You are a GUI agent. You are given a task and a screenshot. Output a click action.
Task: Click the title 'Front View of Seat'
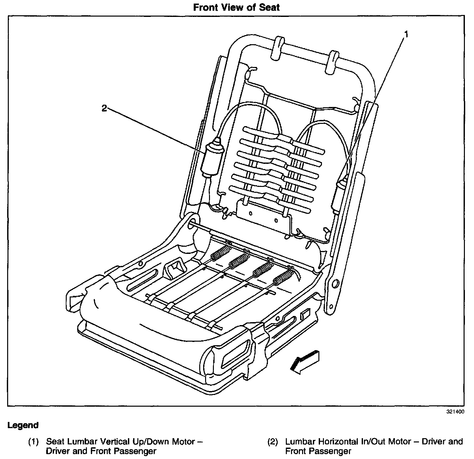click(x=236, y=7)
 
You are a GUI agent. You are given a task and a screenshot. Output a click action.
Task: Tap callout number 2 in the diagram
click(x=104, y=108)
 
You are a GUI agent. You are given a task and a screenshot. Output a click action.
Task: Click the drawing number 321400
click(x=455, y=412)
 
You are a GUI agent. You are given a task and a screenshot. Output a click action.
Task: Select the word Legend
click(x=23, y=425)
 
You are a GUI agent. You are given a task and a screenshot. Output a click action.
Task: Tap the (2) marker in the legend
click(x=273, y=442)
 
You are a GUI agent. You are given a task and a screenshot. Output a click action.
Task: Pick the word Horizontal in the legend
click(x=342, y=442)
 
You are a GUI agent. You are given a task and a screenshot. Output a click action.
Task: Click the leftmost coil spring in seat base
click(x=220, y=253)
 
